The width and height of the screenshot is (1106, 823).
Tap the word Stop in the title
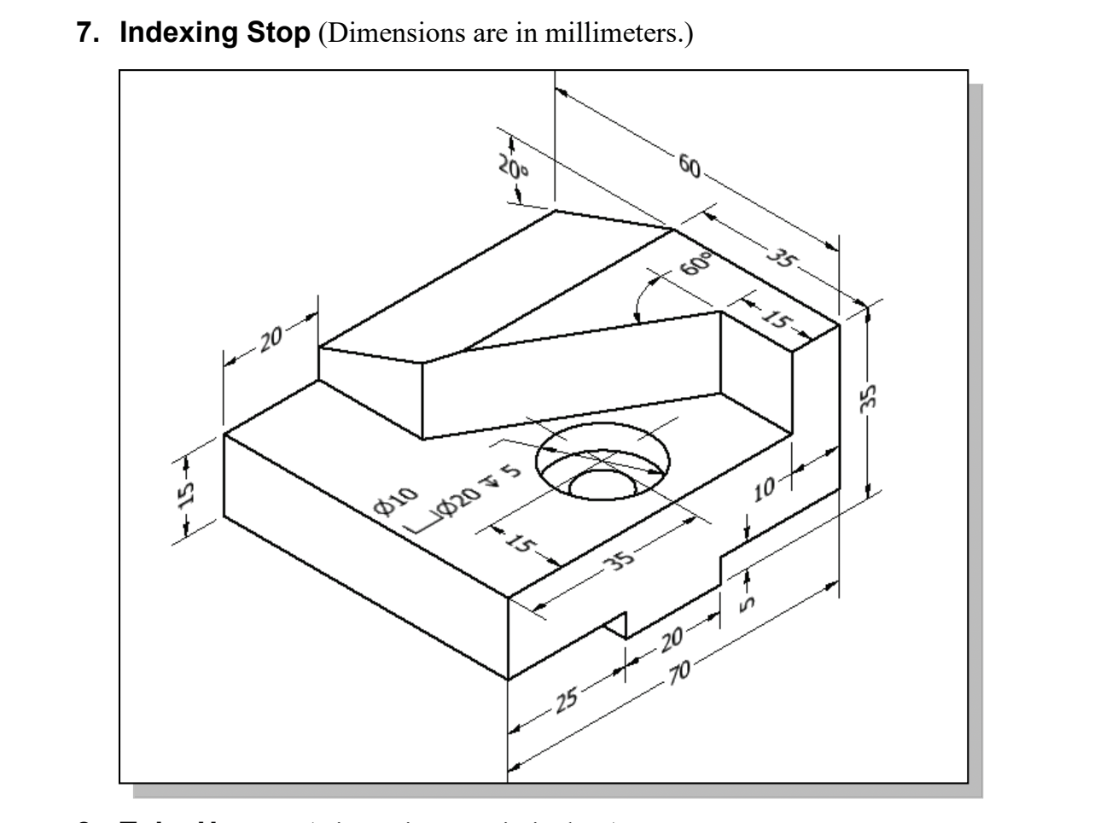pos(275,33)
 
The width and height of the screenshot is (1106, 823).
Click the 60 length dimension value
pos(688,165)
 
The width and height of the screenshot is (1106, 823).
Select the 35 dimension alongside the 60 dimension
pos(778,257)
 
